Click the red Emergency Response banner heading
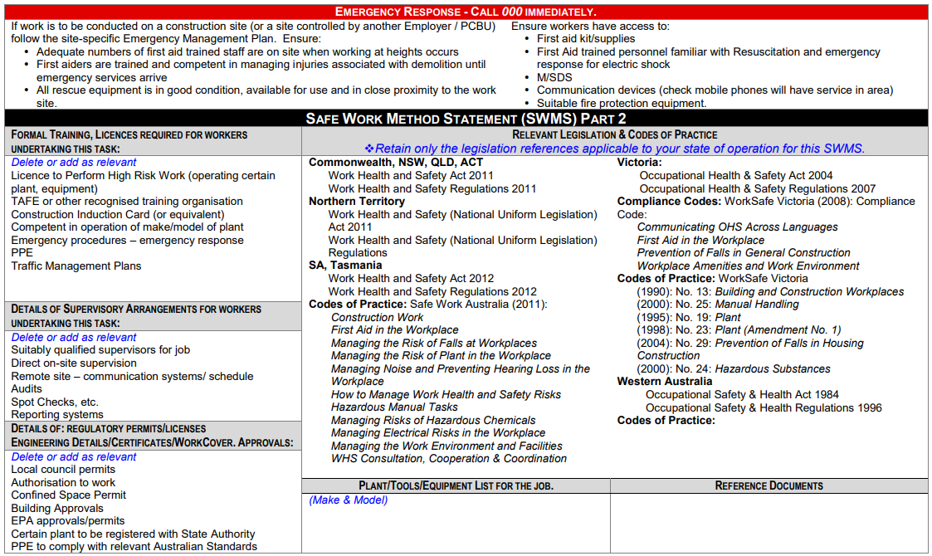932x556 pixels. pyautogui.click(x=465, y=12)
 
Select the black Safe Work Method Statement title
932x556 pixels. pyautogui.click(x=466, y=118)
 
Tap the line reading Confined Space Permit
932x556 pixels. pyautogui.click(x=68, y=495)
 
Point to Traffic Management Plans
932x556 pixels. pyautogui.click(x=76, y=266)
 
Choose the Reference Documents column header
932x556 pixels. pyautogui.click(x=769, y=485)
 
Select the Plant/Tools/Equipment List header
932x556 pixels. pyautogui.click(x=456, y=485)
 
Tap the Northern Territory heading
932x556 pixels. pyautogui.click(x=357, y=202)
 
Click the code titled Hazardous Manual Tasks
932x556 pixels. pyautogui.click(x=394, y=407)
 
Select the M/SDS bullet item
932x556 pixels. pyautogui.click(x=554, y=77)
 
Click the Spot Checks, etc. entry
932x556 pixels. pyautogui.click(x=55, y=402)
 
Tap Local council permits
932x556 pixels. pyautogui.click(x=63, y=470)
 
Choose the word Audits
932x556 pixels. pyautogui.click(x=27, y=389)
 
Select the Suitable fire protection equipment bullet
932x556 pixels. pyautogui.click(x=622, y=104)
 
